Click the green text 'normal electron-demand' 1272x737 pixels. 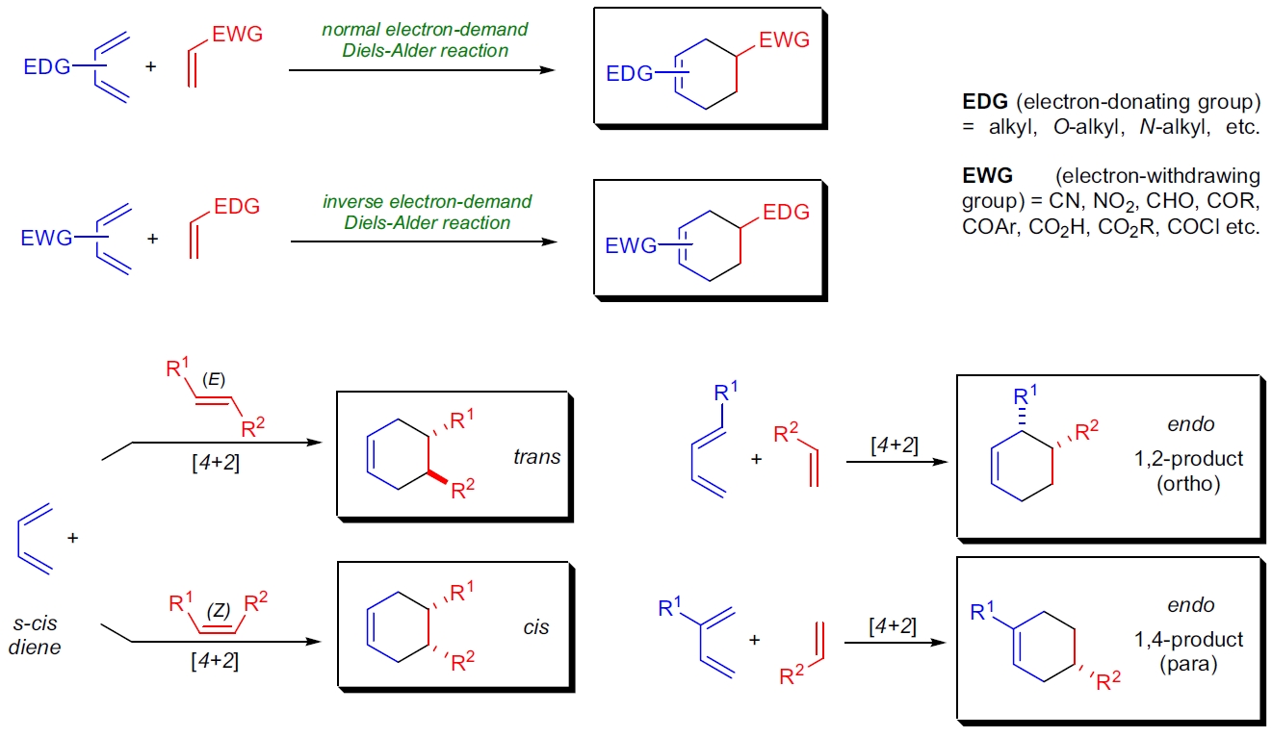[425, 30]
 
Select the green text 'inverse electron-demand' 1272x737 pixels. [428, 202]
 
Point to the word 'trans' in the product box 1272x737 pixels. [536, 457]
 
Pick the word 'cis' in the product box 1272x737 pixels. [536, 627]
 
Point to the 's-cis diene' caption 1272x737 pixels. [35, 634]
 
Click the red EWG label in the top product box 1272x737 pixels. [784, 40]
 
